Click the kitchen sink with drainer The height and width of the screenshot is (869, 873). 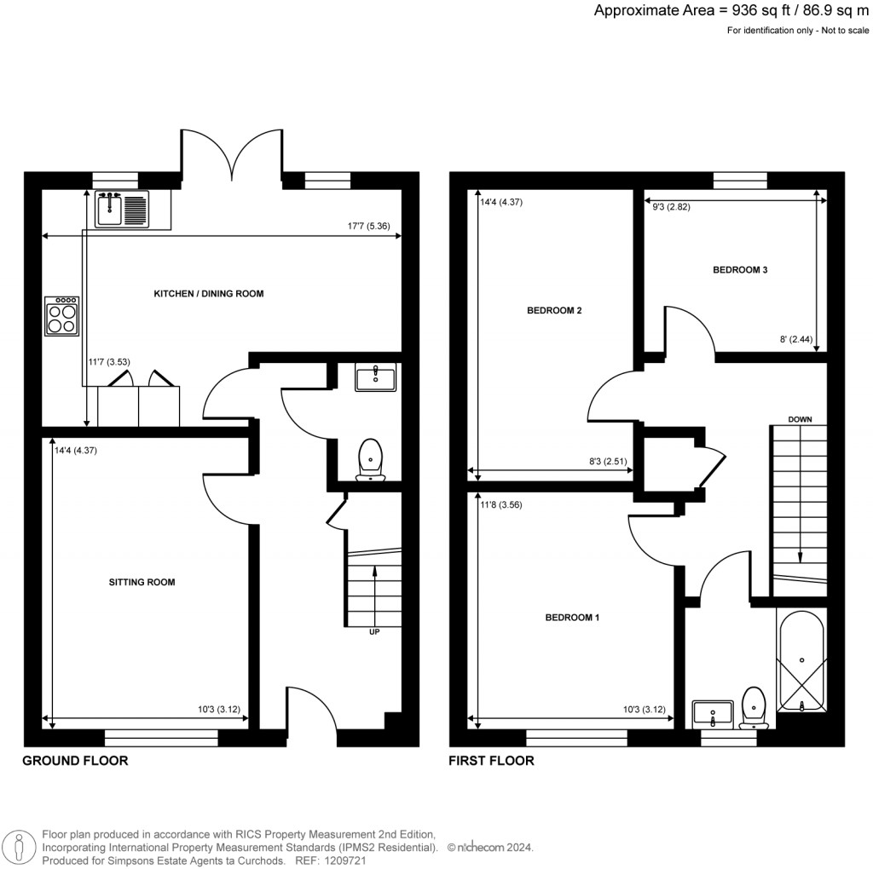click(124, 209)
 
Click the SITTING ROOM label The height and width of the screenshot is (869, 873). click(142, 583)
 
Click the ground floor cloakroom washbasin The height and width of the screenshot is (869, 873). click(375, 377)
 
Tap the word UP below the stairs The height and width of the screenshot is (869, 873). click(374, 633)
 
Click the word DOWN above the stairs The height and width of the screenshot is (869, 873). click(800, 419)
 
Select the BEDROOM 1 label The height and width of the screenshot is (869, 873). click(572, 617)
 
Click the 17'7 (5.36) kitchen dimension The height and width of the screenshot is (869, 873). click(369, 227)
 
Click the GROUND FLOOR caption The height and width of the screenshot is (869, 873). click(75, 761)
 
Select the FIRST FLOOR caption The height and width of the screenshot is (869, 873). click(492, 761)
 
